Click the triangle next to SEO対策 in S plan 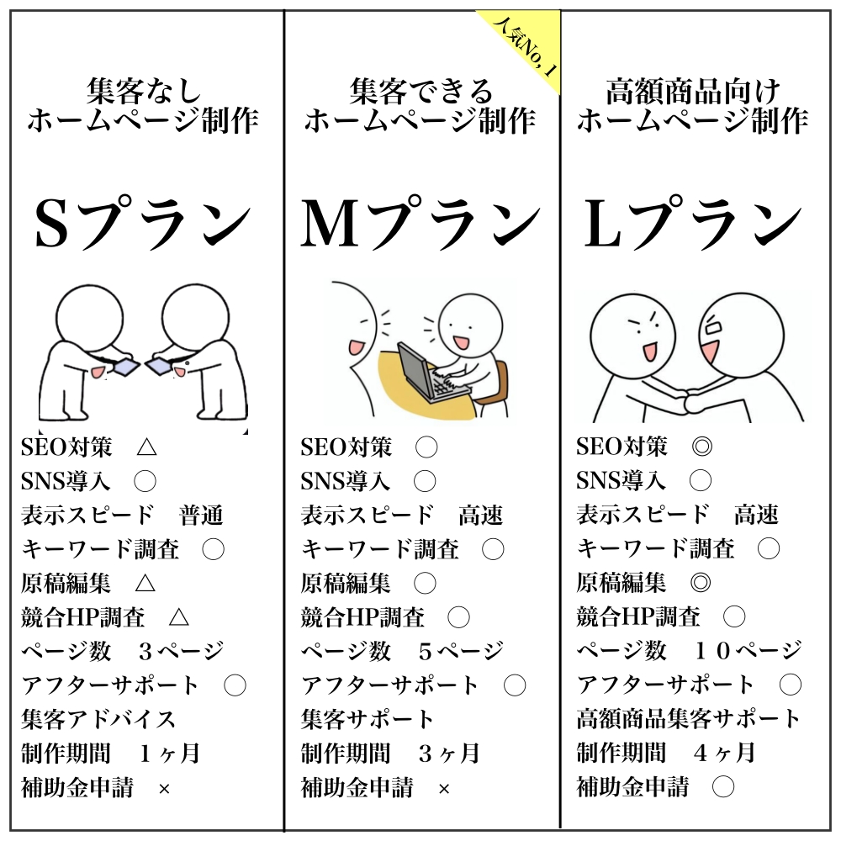(146, 447)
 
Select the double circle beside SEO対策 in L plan (701, 447)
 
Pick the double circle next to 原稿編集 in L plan (701, 583)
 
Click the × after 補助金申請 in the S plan (164, 789)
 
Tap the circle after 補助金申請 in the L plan (723, 787)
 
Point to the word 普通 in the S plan (201, 516)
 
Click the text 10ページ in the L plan (748, 651)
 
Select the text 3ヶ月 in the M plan (449, 754)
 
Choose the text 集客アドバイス (98, 719)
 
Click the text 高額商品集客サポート (688, 719)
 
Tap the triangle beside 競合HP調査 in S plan (178, 617)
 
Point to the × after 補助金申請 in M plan (444, 789)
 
